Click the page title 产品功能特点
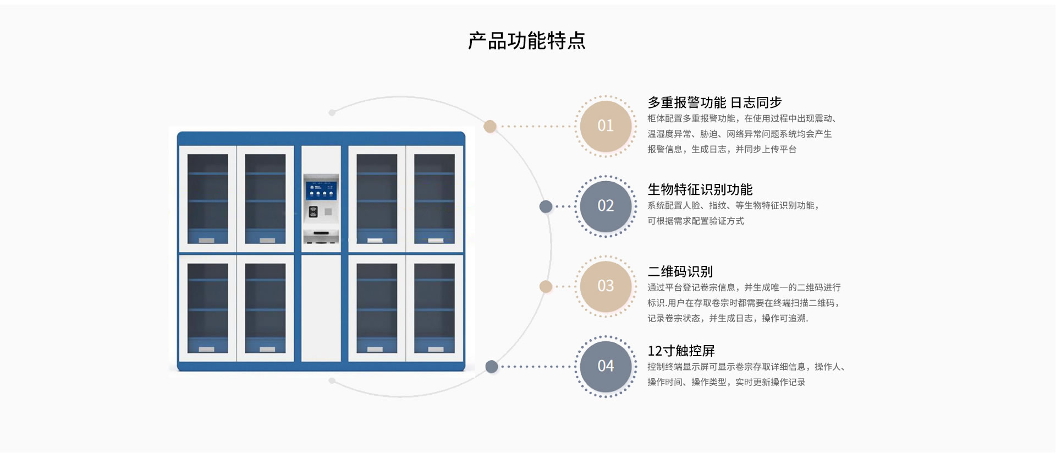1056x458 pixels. tap(527, 41)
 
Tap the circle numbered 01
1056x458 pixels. tap(606, 126)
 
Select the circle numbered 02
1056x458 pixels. tap(606, 206)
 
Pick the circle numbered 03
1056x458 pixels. tap(606, 286)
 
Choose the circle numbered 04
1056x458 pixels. tap(606, 367)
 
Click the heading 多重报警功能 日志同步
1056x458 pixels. tap(714, 102)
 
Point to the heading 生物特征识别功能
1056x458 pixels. tap(700, 189)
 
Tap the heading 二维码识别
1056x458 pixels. tap(680, 271)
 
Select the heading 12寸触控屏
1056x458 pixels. tap(681, 351)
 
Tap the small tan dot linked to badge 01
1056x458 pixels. tap(490, 127)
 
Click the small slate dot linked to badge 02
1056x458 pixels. tap(546, 206)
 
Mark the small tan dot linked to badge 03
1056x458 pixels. tap(546, 286)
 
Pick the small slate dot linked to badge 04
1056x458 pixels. tap(492, 367)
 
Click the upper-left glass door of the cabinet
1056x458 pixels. tap(208, 199)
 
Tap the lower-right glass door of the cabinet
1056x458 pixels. tap(435, 308)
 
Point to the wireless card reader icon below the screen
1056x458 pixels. tap(313, 211)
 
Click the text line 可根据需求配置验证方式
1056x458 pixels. tap(695, 221)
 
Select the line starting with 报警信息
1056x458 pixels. tap(722, 149)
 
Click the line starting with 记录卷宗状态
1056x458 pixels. tap(728, 318)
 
